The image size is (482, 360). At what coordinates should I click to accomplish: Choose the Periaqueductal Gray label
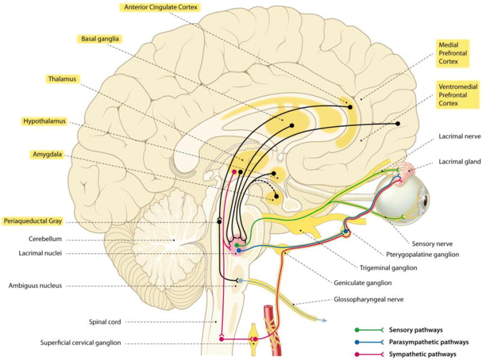pyautogui.click(x=31, y=221)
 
